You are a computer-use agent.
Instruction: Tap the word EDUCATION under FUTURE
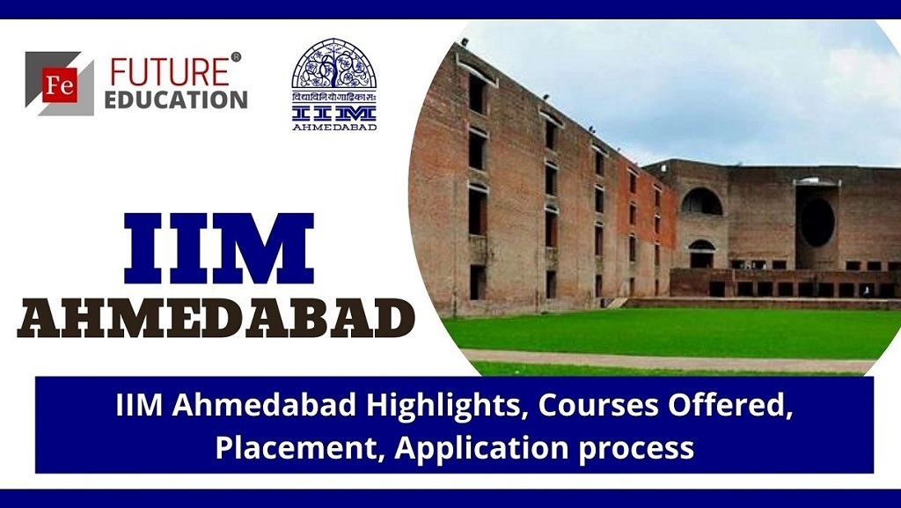point(176,99)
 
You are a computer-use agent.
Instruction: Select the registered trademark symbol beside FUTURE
point(236,57)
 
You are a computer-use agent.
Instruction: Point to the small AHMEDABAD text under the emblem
point(334,126)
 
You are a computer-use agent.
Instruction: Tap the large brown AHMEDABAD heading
point(216,318)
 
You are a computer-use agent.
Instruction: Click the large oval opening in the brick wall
point(818,222)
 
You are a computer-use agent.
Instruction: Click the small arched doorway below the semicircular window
point(702,254)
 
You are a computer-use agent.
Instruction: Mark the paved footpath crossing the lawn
point(669,360)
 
